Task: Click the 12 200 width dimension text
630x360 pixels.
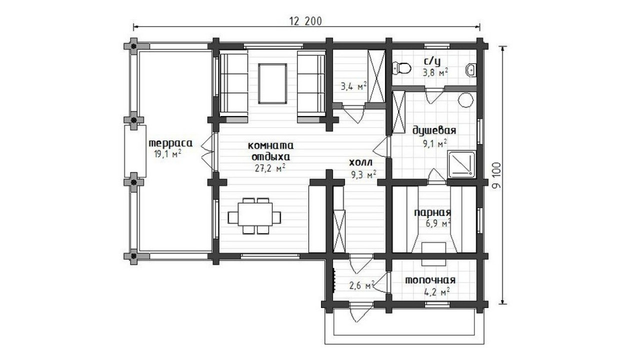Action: (x=305, y=21)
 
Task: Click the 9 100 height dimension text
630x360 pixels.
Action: (x=497, y=176)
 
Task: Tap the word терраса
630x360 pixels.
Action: (x=170, y=143)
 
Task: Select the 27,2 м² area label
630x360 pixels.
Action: (x=270, y=168)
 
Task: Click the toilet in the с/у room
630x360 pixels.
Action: (x=402, y=68)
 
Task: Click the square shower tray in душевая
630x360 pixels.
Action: (x=461, y=164)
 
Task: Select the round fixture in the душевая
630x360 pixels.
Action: (x=466, y=100)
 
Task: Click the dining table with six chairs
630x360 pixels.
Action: (x=255, y=216)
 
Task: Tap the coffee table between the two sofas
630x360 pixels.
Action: (x=272, y=83)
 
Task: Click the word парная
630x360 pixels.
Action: (x=432, y=213)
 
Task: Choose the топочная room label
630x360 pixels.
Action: (x=430, y=280)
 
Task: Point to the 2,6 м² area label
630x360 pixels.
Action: (x=361, y=286)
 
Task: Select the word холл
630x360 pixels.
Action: (x=361, y=162)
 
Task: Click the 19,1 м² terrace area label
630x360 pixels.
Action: (x=167, y=153)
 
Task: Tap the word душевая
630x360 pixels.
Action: (x=434, y=131)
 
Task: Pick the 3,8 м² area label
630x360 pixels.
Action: (x=435, y=73)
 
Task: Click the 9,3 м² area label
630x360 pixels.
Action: (x=364, y=174)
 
